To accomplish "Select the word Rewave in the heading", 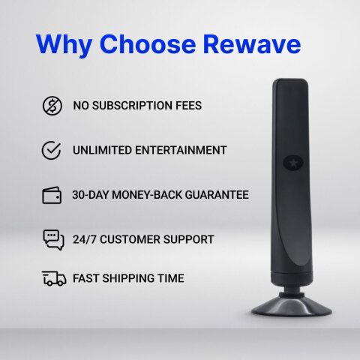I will coord(252,44).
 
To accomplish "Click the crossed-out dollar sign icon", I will coord(52,106).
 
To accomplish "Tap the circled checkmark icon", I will coord(52,150).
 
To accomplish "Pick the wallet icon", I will coord(52,195).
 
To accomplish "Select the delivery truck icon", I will coord(53,278).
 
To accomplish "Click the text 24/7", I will coord(85,239).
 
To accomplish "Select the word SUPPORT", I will coord(188,239).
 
